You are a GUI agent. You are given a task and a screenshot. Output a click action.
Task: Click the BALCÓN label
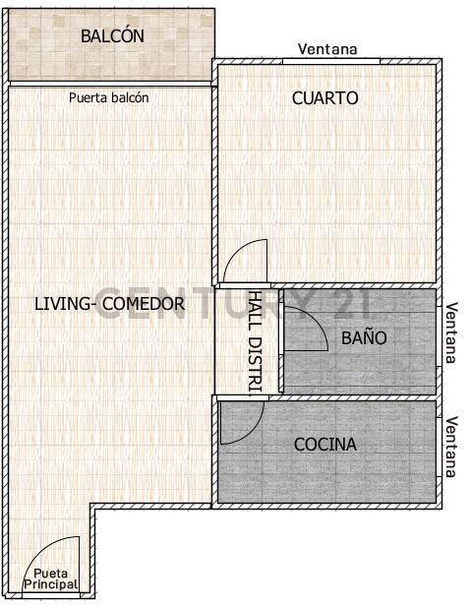[112, 36]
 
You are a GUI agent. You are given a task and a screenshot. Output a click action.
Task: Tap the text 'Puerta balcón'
[109, 97]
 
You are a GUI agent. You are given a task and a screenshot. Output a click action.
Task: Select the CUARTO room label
[324, 98]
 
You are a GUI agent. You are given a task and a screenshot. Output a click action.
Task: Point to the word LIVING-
[65, 304]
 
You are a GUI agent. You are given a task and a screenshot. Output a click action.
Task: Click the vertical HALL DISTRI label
[254, 340]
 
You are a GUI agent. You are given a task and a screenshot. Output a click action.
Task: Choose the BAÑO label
[364, 338]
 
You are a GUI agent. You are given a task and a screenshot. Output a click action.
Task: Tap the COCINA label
[325, 445]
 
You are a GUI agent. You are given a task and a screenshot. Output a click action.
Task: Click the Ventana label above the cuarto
[327, 49]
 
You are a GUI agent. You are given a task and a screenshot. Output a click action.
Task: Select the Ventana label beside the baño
[451, 333]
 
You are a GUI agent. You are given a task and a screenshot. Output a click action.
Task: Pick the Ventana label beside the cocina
[451, 447]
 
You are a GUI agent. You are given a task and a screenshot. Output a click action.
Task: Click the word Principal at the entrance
[50, 584]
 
